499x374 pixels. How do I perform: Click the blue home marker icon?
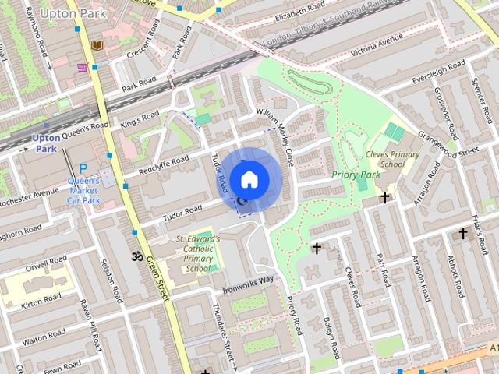tap(248, 179)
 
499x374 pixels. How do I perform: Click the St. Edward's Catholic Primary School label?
tap(198, 253)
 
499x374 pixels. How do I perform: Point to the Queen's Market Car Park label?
tap(84, 189)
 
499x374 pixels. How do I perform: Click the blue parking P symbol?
tap(81, 167)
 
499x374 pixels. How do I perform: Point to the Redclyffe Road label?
tap(164, 165)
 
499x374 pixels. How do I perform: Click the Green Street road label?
tap(157, 281)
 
